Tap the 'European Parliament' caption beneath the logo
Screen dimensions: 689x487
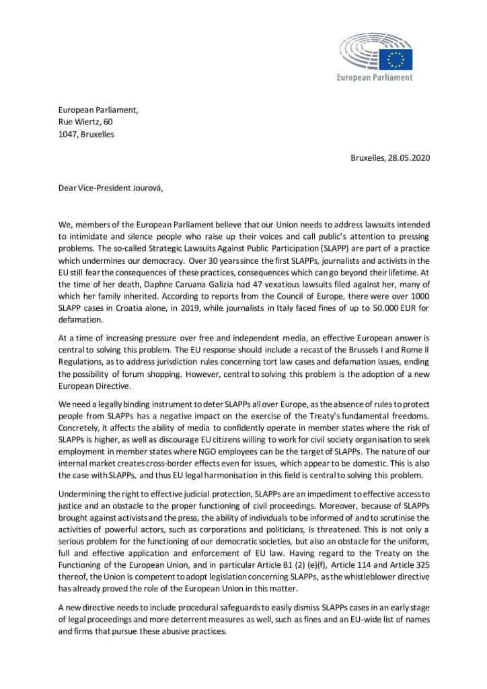click(375, 77)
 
